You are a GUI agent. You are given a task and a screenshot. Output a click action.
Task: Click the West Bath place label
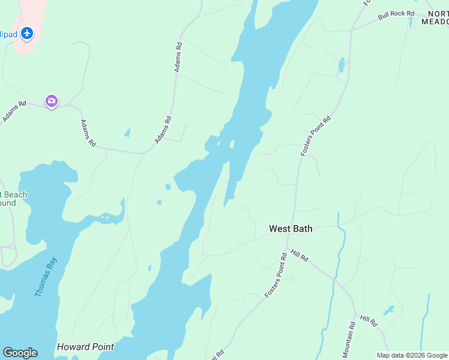[291, 229]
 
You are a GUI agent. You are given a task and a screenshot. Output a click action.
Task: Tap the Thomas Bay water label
[46, 277]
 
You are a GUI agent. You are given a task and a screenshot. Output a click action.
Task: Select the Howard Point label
[85, 347]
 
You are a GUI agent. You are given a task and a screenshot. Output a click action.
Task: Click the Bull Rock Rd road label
[397, 14]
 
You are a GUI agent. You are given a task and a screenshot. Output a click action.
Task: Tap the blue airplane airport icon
[26, 33]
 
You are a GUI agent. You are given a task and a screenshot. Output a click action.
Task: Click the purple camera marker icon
[52, 101]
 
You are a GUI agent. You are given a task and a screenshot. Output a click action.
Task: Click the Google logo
[20, 353]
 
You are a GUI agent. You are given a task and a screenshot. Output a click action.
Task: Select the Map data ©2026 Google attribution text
[412, 355]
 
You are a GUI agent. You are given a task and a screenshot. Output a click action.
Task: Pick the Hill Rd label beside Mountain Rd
[369, 321]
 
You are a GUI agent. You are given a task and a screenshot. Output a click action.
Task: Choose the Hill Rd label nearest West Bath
[300, 256]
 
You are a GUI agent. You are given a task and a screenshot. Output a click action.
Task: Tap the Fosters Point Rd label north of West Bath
[316, 137]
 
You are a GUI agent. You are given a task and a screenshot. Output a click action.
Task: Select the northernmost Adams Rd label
[178, 58]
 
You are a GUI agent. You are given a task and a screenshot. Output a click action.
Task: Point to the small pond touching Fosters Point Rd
[342, 65]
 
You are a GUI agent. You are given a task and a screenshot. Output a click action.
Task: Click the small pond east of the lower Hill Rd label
[389, 310]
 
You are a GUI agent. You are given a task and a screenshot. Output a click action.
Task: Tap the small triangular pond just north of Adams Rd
[127, 133]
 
